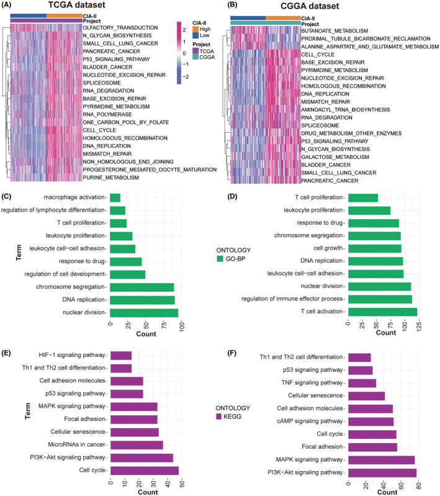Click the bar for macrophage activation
click(x=115, y=198)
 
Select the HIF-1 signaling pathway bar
click(x=120, y=356)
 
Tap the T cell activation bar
click(x=382, y=312)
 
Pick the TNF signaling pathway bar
click(x=362, y=383)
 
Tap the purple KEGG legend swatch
click(x=220, y=417)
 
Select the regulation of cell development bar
click(x=127, y=274)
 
